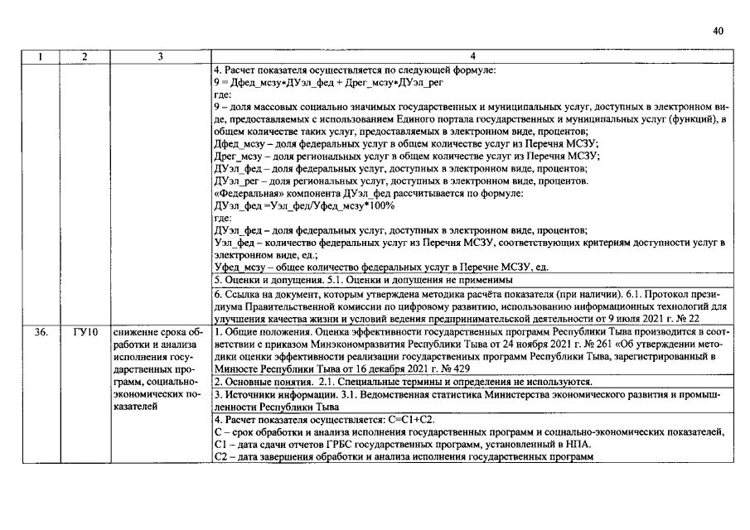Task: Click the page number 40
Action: coord(718,31)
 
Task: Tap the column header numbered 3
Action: coord(159,56)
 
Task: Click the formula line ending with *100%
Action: coord(304,205)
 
